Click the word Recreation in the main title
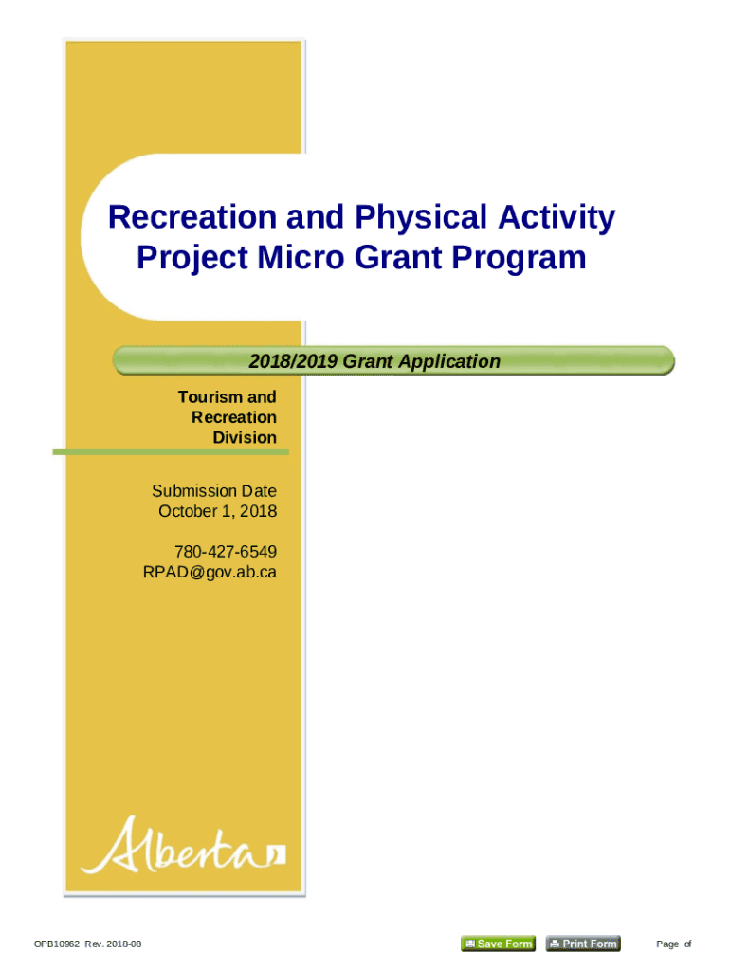[x=192, y=217]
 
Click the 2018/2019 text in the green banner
[x=293, y=361]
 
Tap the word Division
[x=245, y=438]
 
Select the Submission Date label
[x=214, y=491]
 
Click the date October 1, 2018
[x=217, y=511]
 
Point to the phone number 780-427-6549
[x=226, y=552]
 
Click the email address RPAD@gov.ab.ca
[x=210, y=572]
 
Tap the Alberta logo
[x=183, y=846]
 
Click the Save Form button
[x=499, y=944]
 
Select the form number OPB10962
[x=57, y=944]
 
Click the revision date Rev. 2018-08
[x=113, y=944]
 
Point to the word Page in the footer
[x=667, y=944]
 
